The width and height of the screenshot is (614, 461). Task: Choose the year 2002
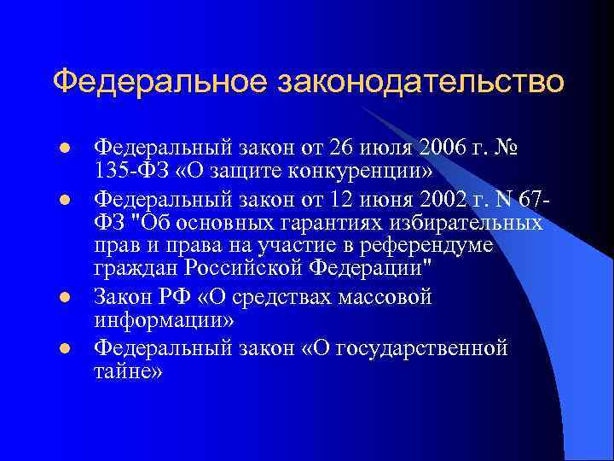(436, 200)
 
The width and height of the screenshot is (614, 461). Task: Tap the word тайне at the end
(122, 373)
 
